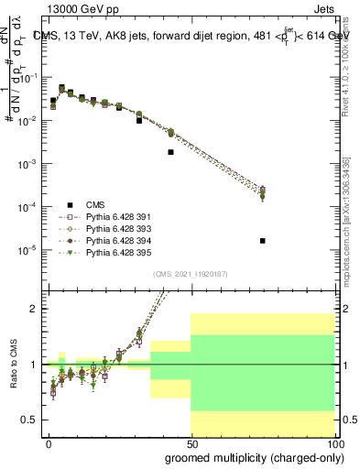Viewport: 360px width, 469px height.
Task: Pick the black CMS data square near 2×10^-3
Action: [171, 152]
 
